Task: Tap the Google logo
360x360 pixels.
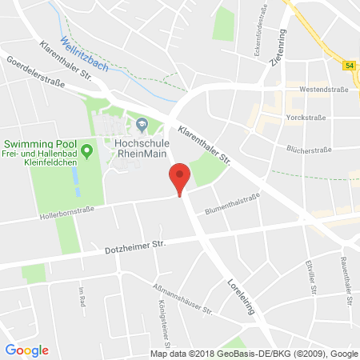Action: pyautogui.click(x=26, y=350)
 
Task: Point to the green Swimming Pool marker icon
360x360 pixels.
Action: pyautogui.click(x=87, y=148)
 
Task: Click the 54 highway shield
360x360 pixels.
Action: pyautogui.click(x=350, y=64)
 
